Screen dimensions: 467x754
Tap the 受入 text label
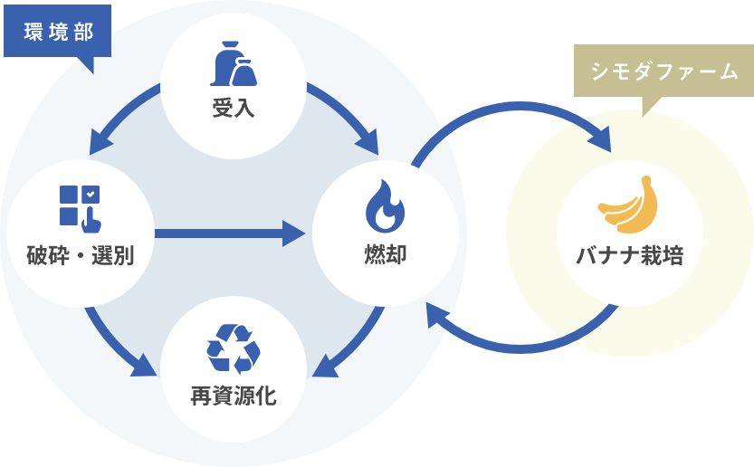pyautogui.click(x=234, y=110)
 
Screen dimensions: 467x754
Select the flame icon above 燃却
pyautogui.click(x=385, y=205)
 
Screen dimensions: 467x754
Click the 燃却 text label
pyautogui.click(x=385, y=254)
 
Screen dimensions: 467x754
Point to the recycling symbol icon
pyautogui.click(x=234, y=348)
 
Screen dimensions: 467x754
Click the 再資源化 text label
pyautogui.click(x=234, y=396)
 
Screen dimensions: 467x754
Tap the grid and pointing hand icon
pyautogui.click(x=80, y=207)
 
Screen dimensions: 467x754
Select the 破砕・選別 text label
pyautogui.click(x=80, y=256)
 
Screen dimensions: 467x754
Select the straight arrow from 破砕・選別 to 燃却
pyautogui.click(x=231, y=233)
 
